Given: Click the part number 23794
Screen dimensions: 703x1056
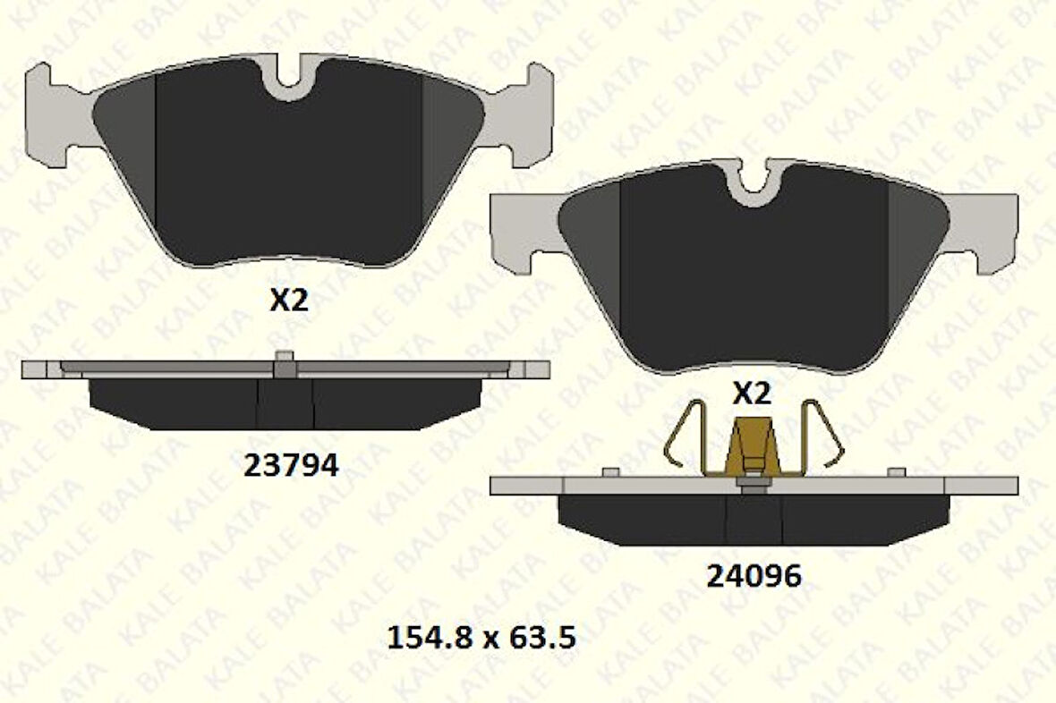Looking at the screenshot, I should click(x=291, y=465).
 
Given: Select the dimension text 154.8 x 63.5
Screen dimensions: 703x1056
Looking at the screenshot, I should click(x=480, y=638).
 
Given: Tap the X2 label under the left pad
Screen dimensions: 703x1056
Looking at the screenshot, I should click(x=289, y=301).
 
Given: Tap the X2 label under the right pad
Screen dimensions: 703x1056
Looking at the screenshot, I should click(x=752, y=394).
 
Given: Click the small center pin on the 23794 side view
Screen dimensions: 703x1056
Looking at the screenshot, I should click(x=285, y=358).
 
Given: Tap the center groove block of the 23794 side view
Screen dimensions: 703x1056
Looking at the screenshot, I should click(x=285, y=402).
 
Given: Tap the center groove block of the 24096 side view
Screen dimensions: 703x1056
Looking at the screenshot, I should click(x=754, y=519).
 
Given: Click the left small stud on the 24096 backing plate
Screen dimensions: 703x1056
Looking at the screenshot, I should click(x=611, y=472).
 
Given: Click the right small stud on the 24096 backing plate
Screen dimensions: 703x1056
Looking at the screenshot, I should click(x=895, y=472).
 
